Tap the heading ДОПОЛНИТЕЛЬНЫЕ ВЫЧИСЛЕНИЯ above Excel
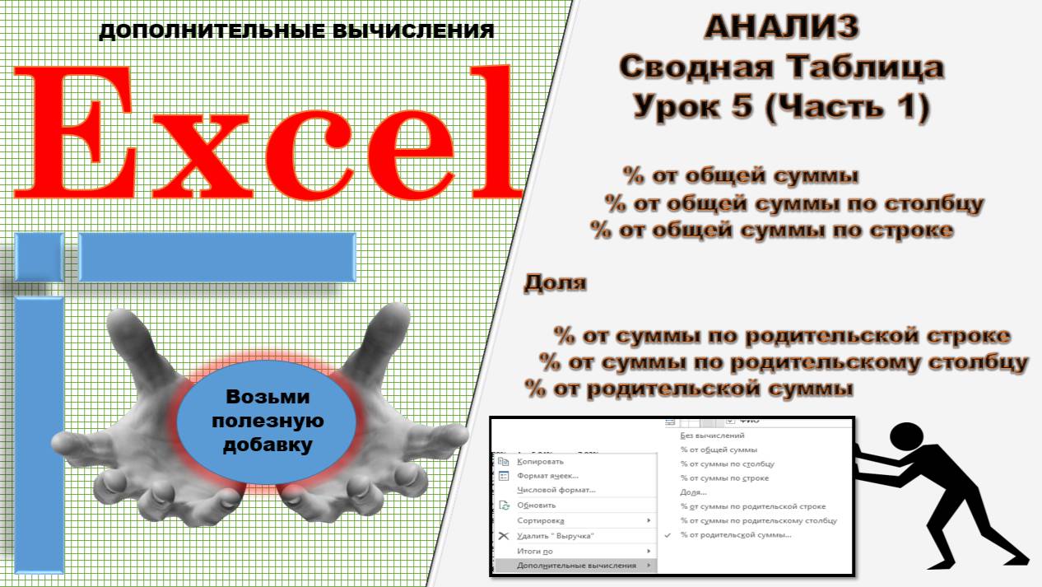click(x=296, y=32)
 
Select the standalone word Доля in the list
click(x=556, y=284)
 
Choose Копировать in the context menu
click(x=540, y=462)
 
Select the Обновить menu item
click(x=536, y=505)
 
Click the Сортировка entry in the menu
click(x=541, y=521)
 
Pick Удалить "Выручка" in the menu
click(x=555, y=536)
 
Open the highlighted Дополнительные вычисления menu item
click(x=576, y=566)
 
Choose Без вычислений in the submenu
click(x=712, y=436)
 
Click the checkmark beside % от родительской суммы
click(x=668, y=535)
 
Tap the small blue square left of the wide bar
click(x=39, y=257)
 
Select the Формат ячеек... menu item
click(x=547, y=476)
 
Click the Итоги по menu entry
click(x=534, y=551)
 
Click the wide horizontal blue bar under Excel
click(x=216, y=257)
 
